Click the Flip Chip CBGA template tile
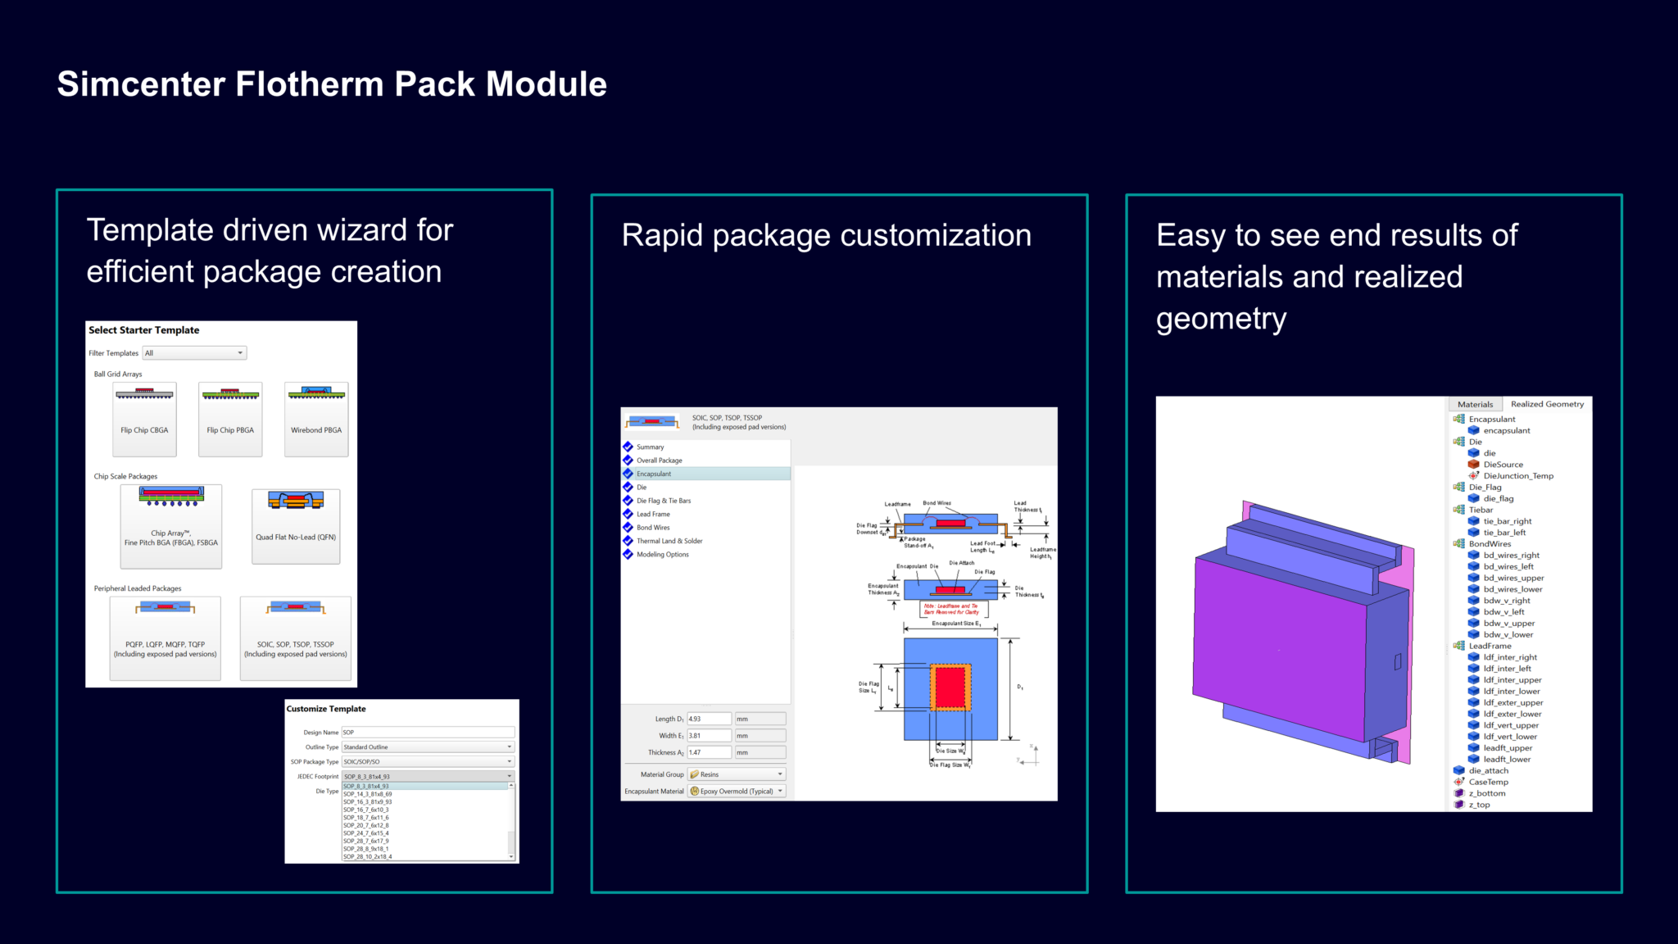tap(144, 419)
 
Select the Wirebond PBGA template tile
tap(316, 419)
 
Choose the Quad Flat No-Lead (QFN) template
tap(296, 525)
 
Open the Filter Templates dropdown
tap(195, 353)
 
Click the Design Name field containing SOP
tap(427, 733)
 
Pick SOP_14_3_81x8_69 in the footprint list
tap(368, 794)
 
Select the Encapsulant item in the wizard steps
tap(654, 474)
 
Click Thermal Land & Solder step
tap(669, 541)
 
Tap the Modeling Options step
tap(663, 555)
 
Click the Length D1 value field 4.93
tap(708, 719)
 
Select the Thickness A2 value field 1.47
tap(708, 752)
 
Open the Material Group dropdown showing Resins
tap(736, 774)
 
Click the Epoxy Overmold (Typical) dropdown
tap(736, 792)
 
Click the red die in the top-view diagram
tap(950, 687)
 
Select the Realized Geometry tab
tap(1547, 404)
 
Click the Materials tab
tap(1475, 404)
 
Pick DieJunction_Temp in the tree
tap(1517, 476)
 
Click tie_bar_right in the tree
tap(1507, 521)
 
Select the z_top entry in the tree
tap(1479, 805)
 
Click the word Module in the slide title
tap(546, 84)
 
